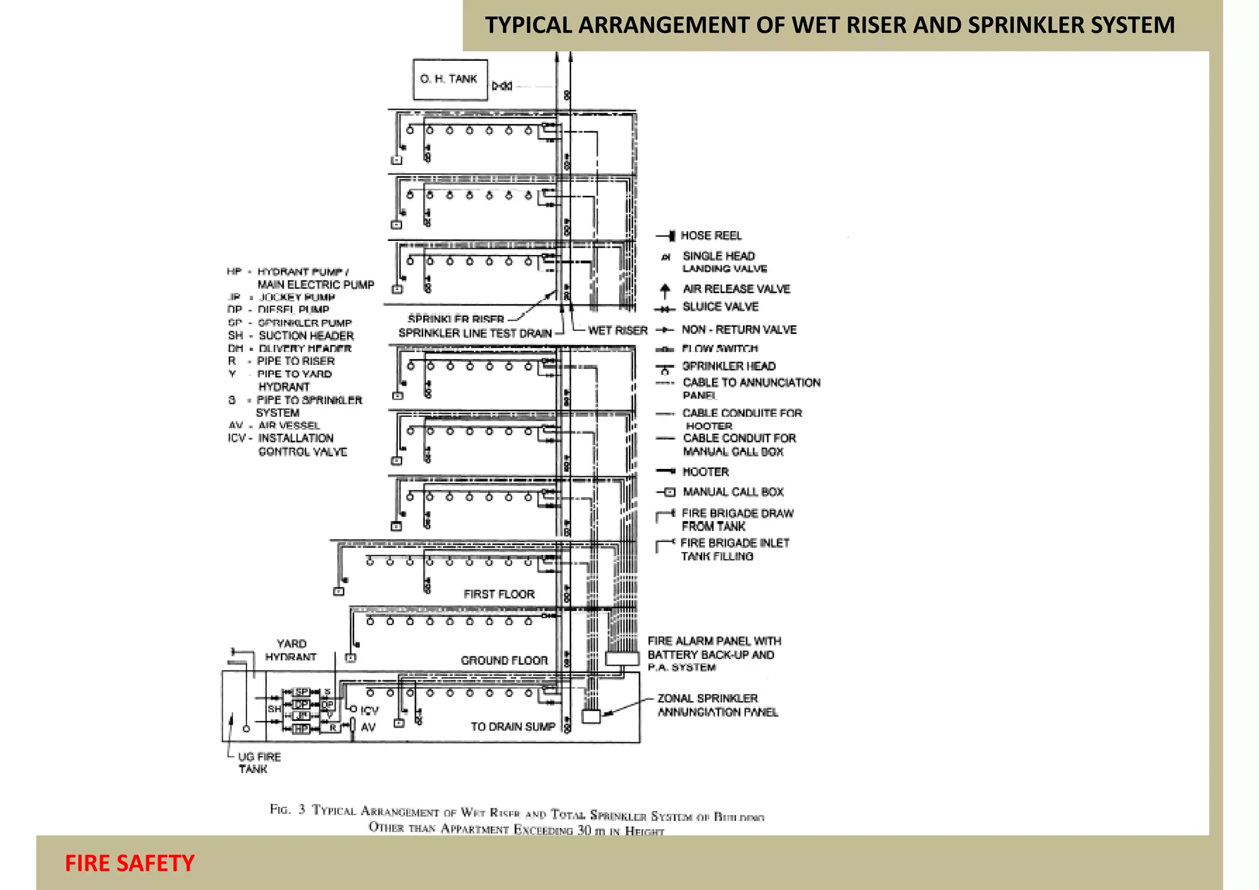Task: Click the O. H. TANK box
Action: tap(450, 79)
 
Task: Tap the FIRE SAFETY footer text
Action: tap(130, 864)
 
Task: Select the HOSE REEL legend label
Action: tap(711, 235)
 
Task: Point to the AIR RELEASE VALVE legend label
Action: tap(736, 289)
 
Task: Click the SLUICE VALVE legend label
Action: tap(720, 307)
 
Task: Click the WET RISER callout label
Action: tap(617, 331)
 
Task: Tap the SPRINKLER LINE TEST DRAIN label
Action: tap(475, 333)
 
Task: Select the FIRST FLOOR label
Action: tap(499, 594)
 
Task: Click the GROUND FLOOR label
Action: tap(504, 661)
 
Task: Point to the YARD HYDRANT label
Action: tap(291, 650)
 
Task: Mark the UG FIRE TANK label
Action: tap(259, 763)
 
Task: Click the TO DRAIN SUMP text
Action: tap(513, 727)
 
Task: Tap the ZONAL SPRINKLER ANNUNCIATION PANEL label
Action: tap(717, 705)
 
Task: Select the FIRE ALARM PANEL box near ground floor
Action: tap(622, 658)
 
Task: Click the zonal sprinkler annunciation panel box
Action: tap(591, 716)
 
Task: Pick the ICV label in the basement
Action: tap(369, 711)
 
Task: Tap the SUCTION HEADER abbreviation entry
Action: tap(291, 336)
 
